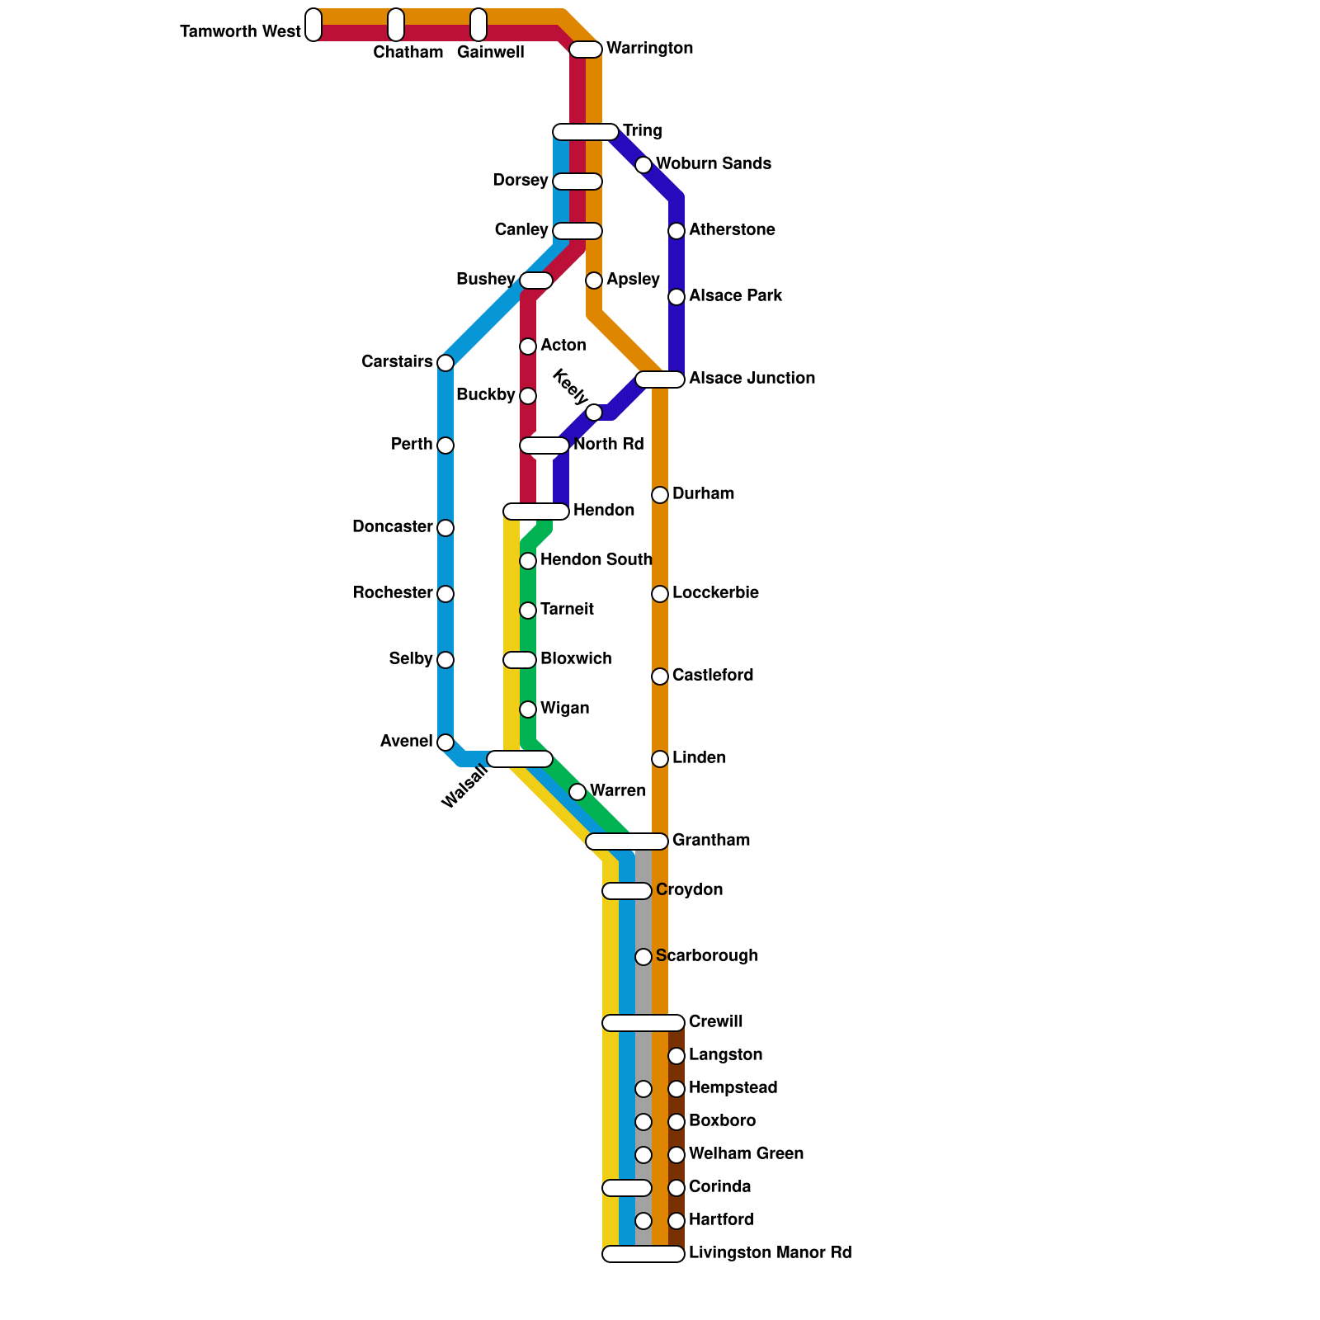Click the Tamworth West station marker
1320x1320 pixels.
(x=313, y=25)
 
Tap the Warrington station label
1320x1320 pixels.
(x=649, y=49)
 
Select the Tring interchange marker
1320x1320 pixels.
(x=586, y=132)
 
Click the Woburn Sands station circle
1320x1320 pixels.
(x=643, y=165)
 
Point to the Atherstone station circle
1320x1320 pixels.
(x=676, y=231)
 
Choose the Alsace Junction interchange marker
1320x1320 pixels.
(x=660, y=379)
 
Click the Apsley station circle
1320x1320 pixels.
(x=594, y=280)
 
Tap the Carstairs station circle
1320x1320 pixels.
(x=445, y=363)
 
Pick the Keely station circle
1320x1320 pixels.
(x=594, y=412)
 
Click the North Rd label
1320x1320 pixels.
(x=608, y=445)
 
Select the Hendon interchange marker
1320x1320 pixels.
(x=536, y=511)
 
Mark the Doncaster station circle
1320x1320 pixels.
(x=445, y=528)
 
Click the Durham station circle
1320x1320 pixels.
(x=660, y=495)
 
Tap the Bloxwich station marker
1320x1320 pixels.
(x=520, y=660)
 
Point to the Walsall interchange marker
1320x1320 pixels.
(x=520, y=759)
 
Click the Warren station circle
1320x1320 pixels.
(x=577, y=792)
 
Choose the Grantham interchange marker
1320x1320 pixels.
(x=627, y=841)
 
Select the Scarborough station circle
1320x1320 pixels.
(x=643, y=957)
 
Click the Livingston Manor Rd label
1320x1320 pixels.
(x=770, y=1253)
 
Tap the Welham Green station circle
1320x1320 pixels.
(x=676, y=1155)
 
